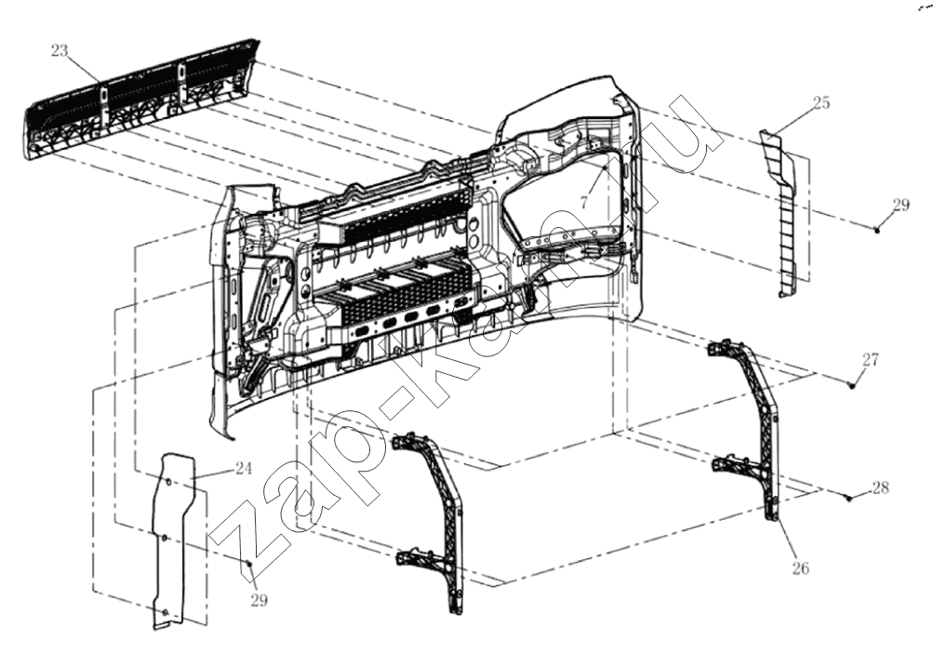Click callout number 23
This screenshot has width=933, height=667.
[x=60, y=51]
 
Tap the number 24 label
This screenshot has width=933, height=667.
[x=243, y=469]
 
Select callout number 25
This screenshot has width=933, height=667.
[x=821, y=103]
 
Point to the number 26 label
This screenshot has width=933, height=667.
[x=801, y=568]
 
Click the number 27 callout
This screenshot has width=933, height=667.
[x=871, y=360]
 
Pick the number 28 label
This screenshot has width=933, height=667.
[x=881, y=487]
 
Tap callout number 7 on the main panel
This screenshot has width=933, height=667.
[x=584, y=203]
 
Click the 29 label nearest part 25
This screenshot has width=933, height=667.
[x=901, y=206]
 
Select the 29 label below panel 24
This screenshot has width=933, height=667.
[x=259, y=600]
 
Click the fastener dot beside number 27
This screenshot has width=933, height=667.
[x=851, y=386]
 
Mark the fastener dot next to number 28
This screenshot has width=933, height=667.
[x=849, y=498]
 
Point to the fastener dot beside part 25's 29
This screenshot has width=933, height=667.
[x=877, y=230]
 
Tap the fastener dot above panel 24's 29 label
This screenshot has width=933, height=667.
[x=250, y=563]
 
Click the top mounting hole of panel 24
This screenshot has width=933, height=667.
[x=167, y=481]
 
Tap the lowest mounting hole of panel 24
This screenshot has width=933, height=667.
[x=165, y=612]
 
